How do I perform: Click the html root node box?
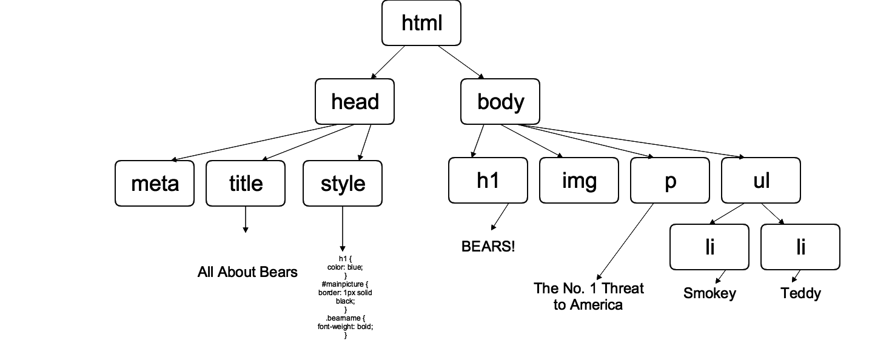(x=421, y=23)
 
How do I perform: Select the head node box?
(x=355, y=101)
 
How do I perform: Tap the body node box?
(x=500, y=101)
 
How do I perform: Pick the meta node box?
(x=155, y=183)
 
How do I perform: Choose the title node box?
(x=246, y=183)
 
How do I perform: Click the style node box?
(x=343, y=183)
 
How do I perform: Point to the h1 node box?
(x=488, y=180)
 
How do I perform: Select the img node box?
(x=579, y=180)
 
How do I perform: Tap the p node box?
(x=669, y=180)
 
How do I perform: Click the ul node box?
(x=760, y=180)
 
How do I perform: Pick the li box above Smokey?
(x=709, y=247)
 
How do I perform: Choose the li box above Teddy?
(x=800, y=247)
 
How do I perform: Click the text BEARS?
(x=488, y=247)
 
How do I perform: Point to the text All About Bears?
(x=247, y=272)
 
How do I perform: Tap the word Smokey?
(x=709, y=293)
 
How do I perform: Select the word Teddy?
(x=800, y=293)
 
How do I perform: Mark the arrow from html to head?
(x=388, y=62)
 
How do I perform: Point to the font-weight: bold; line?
(x=345, y=326)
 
